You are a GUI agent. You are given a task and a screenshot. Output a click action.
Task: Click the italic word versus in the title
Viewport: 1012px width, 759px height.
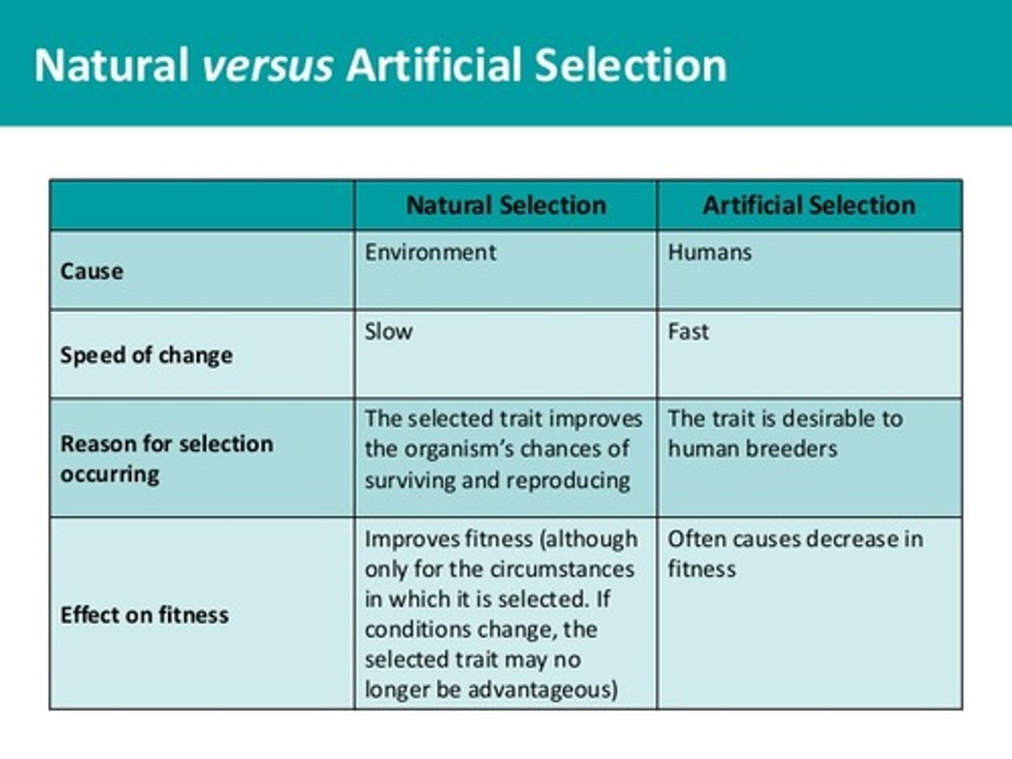pos(267,65)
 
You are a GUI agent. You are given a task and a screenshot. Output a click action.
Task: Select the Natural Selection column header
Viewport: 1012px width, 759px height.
pos(506,205)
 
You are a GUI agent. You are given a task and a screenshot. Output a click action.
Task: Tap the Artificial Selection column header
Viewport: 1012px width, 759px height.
pos(809,205)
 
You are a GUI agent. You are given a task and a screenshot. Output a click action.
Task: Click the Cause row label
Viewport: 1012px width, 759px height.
pos(92,271)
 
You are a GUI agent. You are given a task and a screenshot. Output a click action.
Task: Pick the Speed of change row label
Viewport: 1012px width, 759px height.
pos(146,356)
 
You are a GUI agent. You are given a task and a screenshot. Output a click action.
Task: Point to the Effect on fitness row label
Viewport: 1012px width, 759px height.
pos(144,615)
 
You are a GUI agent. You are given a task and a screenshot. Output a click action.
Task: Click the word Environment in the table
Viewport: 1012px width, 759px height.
pos(430,252)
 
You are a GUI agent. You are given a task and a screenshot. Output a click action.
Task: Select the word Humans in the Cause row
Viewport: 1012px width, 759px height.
pos(709,252)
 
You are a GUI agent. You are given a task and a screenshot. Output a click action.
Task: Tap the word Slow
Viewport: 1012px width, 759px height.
pos(388,332)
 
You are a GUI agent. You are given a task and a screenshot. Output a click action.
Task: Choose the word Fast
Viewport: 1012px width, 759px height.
pos(688,332)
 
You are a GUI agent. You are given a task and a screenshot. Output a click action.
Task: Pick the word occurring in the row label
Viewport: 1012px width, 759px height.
pos(110,474)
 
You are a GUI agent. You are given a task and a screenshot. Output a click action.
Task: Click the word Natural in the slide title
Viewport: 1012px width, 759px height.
pos(111,65)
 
